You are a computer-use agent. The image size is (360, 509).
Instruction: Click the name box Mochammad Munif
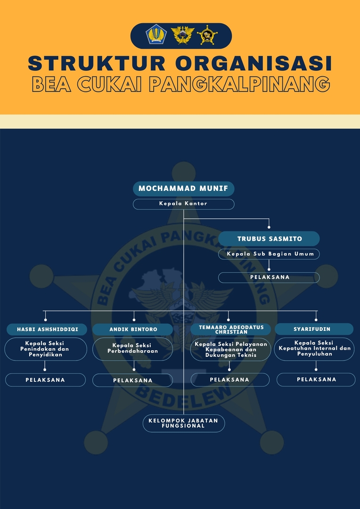click(x=183, y=189)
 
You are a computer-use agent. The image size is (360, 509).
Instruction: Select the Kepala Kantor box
click(x=183, y=204)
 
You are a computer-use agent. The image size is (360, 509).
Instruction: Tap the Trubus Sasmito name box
click(x=269, y=238)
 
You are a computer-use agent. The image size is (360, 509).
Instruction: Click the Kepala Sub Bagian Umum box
click(x=269, y=254)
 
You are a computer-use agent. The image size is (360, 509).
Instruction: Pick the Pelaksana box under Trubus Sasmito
click(x=269, y=278)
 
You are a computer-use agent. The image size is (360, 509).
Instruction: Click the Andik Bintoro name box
click(x=133, y=329)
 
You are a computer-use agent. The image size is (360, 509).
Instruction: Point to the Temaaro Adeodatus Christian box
click(x=230, y=329)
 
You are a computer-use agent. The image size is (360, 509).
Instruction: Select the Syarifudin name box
click(x=314, y=329)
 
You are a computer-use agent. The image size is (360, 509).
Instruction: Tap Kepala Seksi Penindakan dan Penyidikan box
click(x=46, y=349)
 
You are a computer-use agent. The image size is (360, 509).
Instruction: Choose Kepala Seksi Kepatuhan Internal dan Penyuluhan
click(x=314, y=349)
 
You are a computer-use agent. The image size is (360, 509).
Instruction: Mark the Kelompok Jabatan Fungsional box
click(x=183, y=423)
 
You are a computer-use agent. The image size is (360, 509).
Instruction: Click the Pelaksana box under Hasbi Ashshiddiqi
click(x=45, y=380)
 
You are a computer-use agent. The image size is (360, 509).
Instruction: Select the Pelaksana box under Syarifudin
click(x=316, y=379)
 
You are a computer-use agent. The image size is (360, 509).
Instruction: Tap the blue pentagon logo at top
click(x=156, y=35)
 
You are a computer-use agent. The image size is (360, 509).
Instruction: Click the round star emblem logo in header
click(x=207, y=35)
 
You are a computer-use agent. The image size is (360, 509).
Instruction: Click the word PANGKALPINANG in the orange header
click(x=239, y=84)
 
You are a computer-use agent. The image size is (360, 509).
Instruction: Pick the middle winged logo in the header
click(x=182, y=35)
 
